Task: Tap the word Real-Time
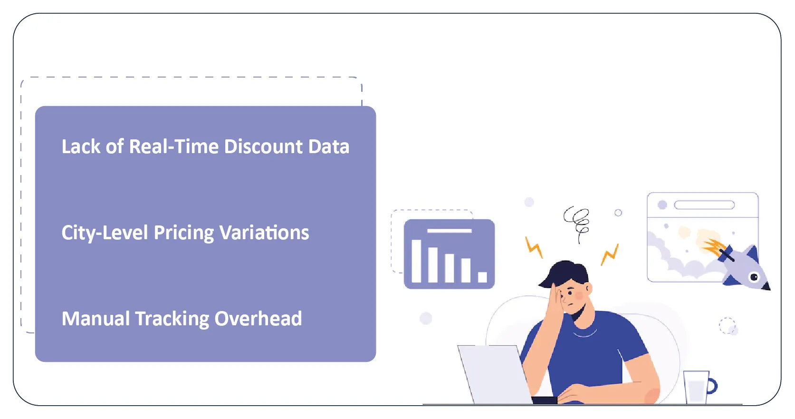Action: pyautogui.click(x=173, y=146)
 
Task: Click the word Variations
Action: pyautogui.click(x=264, y=233)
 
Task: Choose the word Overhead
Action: pyautogui.click(x=258, y=319)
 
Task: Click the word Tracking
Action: pyautogui.click(x=172, y=319)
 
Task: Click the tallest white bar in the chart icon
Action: pyautogui.click(x=416, y=261)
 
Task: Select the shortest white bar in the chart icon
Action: pyautogui.click(x=482, y=277)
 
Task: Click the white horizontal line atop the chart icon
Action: pyautogui.click(x=450, y=231)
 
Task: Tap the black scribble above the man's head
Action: pyautogui.click(x=577, y=224)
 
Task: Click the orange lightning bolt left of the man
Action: pyautogui.click(x=534, y=247)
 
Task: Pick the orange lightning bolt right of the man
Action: pyautogui.click(x=610, y=254)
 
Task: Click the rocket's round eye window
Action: pyautogui.click(x=754, y=277)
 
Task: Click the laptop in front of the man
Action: pyautogui.click(x=495, y=375)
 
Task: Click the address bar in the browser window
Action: pyautogui.click(x=705, y=205)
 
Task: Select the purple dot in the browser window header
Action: pyautogui.click(x=662, y=205)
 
